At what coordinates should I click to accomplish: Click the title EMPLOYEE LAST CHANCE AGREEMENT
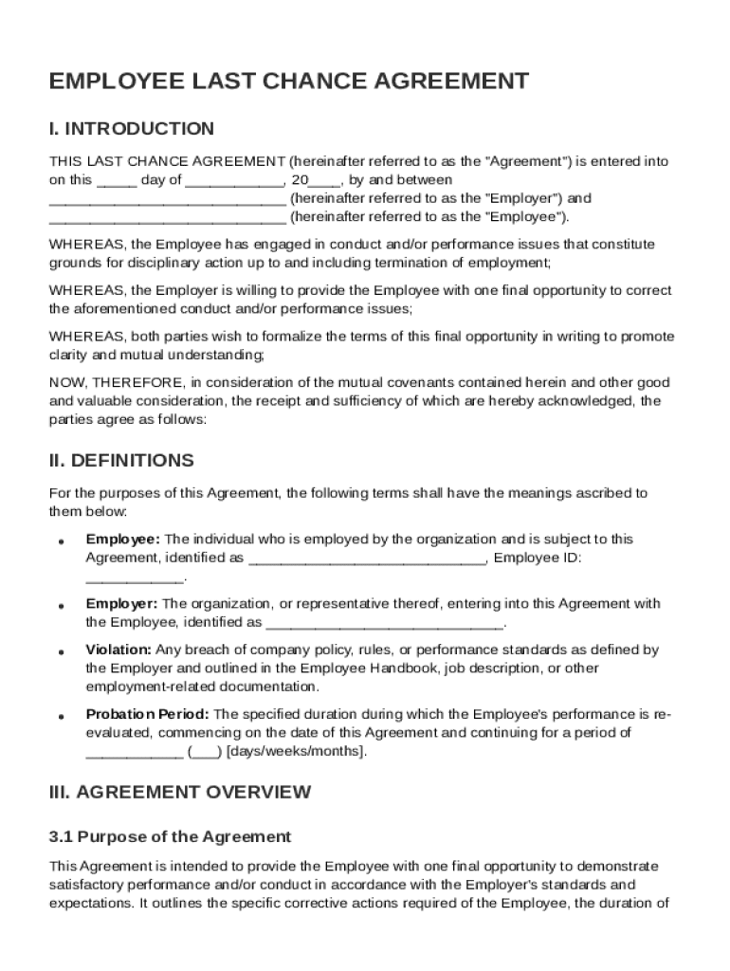288,82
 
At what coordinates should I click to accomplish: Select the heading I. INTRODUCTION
132,129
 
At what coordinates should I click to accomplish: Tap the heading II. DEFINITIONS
121,461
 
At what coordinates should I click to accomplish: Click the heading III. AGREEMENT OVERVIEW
179,792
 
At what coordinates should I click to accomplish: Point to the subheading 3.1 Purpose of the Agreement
170,837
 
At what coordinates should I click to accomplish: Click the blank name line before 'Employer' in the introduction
167,200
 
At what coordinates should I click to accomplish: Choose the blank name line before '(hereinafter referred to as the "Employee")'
167,218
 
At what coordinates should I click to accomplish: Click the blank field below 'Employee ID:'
136,577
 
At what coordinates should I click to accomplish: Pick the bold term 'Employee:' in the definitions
123,540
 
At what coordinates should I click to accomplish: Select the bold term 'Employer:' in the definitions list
122,604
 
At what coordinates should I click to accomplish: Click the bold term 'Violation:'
119,650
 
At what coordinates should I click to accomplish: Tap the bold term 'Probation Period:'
149,715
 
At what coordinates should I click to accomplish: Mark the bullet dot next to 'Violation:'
61,652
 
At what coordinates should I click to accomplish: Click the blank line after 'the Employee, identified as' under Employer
384,624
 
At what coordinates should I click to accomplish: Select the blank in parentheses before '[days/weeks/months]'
205,752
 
